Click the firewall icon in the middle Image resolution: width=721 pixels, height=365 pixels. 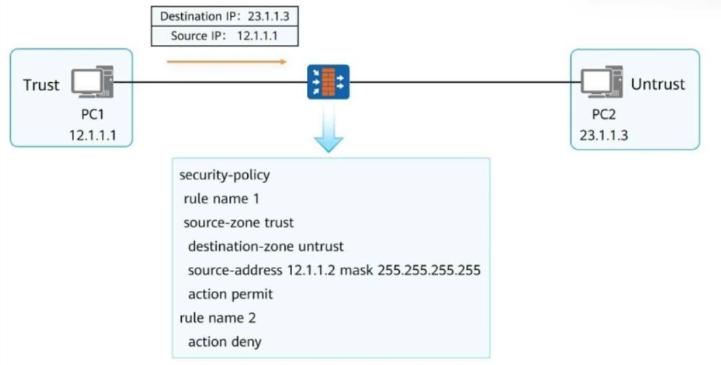pos(328,82)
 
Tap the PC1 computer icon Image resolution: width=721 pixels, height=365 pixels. pos(92,82)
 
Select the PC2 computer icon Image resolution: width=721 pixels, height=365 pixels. pos(602,82)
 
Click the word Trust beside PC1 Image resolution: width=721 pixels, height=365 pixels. pos(41,85)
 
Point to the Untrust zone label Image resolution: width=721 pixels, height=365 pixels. pos(658,84)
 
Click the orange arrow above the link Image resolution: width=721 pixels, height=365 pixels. pos(226,62)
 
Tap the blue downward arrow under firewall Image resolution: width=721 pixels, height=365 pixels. pos(329,128)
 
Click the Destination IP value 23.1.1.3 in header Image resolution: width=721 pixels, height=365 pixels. pos(269,16)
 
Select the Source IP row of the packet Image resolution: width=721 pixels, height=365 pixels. pos(225,36)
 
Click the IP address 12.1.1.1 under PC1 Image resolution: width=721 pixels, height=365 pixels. pos(92,135)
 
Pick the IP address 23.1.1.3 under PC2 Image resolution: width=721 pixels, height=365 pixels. pos(604,135)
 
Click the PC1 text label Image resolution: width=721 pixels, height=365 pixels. pos(92,115)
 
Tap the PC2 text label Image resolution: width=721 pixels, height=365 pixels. pos(604,115)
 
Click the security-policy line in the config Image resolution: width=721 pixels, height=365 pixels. pos(225,175)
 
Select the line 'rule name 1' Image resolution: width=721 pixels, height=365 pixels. pos(221,199)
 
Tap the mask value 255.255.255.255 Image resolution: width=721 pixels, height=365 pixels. pos(429,271)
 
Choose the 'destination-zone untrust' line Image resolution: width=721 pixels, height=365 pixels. pos(265,246)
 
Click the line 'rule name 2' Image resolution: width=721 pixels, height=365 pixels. pos(217,318)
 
